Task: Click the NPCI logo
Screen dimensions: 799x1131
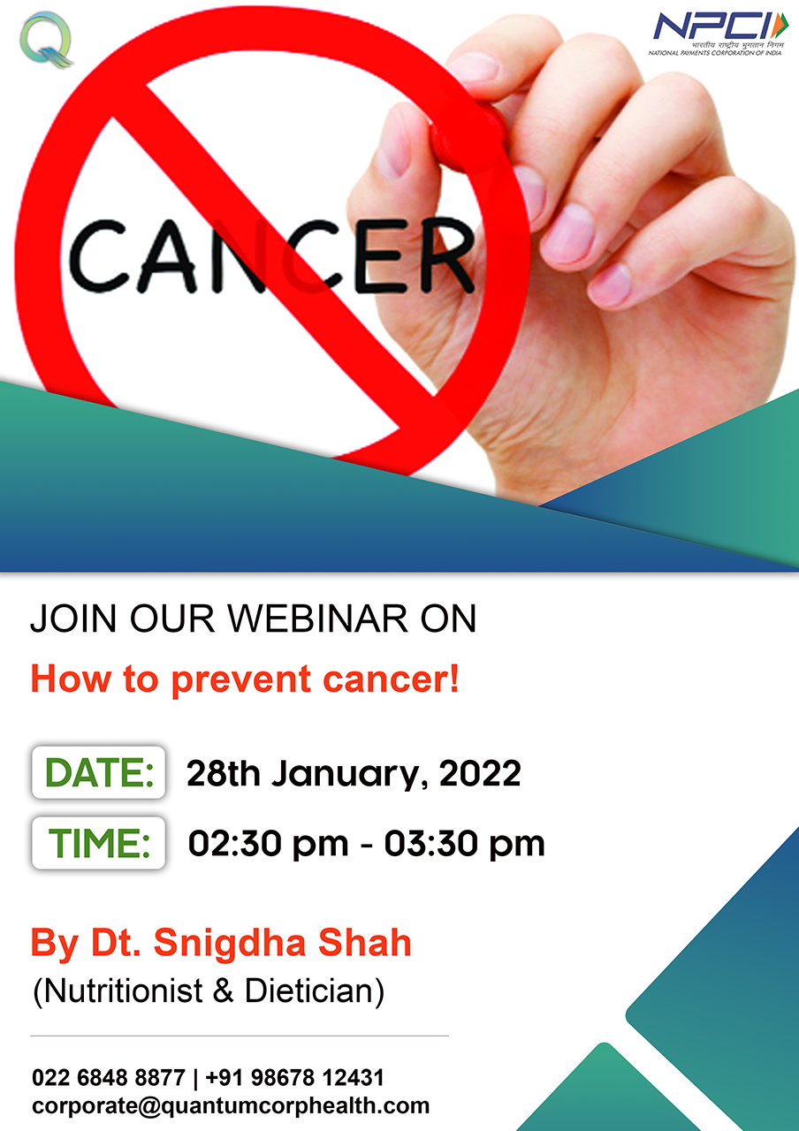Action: tap(718, 33)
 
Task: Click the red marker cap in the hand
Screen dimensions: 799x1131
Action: tap(465, 133)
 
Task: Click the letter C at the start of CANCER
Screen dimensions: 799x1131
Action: tap(98, 256)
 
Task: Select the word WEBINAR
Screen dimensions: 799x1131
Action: tap(317, 619)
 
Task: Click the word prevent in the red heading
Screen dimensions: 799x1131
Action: tap(241, 679)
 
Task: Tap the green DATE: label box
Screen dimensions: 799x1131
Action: tap(98, 772)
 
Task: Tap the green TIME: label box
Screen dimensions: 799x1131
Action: tap(98, 843)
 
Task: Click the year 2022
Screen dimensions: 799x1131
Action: tap(480, 773)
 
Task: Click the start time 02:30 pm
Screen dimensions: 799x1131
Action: tap(268, 844)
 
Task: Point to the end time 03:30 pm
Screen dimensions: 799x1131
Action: tap(465, 844)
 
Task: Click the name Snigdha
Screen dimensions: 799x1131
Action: tap(229, 943)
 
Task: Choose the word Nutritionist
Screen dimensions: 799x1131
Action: tap(123, 991)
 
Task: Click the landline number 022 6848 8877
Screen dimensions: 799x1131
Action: tap(108, 1077)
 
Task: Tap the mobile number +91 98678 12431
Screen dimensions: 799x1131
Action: tap(294, 1077)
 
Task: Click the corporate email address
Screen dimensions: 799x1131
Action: tap(231, 1105)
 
